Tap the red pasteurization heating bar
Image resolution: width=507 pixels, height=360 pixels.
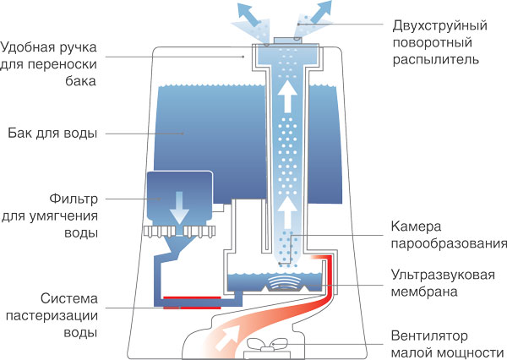(x=192, y=297)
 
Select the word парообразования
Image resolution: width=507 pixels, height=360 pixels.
(x=448, y=245)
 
